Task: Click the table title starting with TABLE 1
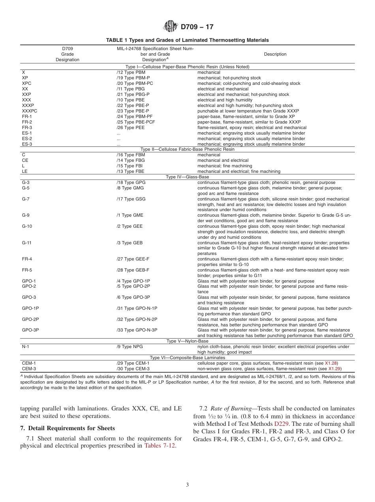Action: (x=187, y=40)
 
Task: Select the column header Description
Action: (x=275, y=54)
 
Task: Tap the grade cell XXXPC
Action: (x=30, y=111)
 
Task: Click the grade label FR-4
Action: (x=27, y=259)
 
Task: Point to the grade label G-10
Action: (x=27, y=227)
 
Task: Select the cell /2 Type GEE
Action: (x=129, y=227)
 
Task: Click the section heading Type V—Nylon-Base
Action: (x=187, y=341)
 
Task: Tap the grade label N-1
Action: (x=26, y=347)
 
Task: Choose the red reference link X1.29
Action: (x=334, y=369)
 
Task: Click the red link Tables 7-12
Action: (x=160, y=446)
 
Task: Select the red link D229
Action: (x=282, y=424)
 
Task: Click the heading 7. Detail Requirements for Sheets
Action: (x=67, y=428)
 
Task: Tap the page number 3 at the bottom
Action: (x=187, y=485)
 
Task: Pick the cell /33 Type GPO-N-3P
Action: (x=137, y=330)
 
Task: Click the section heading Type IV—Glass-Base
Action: (x=187, y=177)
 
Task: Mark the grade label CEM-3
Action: (x=29, y=369)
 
